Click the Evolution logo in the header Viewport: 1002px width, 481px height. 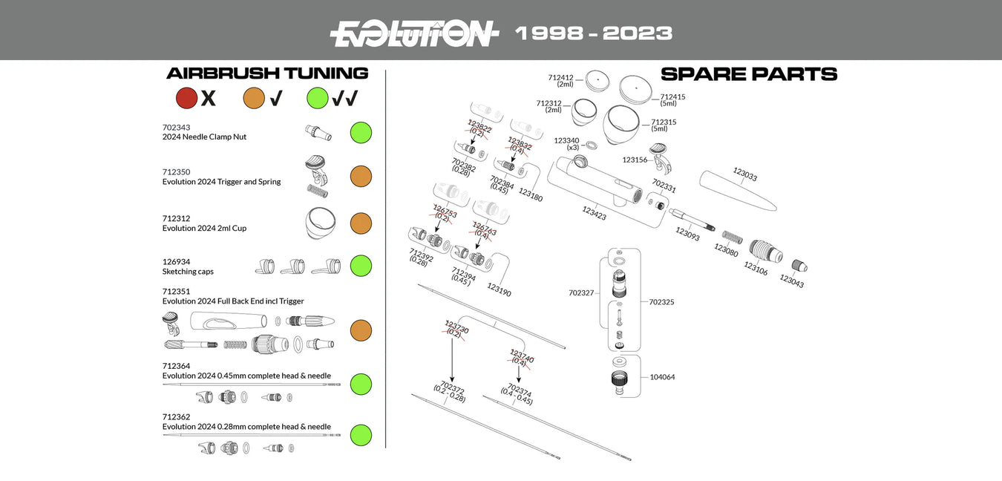413,33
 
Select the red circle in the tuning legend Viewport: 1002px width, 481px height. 186,98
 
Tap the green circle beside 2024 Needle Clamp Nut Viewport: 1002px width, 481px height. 361,133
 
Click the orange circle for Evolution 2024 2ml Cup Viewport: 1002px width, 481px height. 361,223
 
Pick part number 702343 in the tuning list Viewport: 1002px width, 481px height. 176,127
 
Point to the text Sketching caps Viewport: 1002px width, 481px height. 188,272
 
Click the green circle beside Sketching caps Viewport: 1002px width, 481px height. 361,266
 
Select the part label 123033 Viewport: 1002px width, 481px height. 744,174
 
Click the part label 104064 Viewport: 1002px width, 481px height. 662,377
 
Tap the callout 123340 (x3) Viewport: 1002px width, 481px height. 566,143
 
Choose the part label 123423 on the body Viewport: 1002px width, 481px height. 594,214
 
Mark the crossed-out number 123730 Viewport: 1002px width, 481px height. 456,328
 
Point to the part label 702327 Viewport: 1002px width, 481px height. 581,293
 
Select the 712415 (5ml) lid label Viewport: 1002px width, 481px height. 672,100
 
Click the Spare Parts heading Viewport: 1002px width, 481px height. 748,74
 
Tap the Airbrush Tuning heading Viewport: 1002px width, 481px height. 267,73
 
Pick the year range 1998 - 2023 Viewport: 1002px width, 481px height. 593,33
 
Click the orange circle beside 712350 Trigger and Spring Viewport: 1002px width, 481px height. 361,177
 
